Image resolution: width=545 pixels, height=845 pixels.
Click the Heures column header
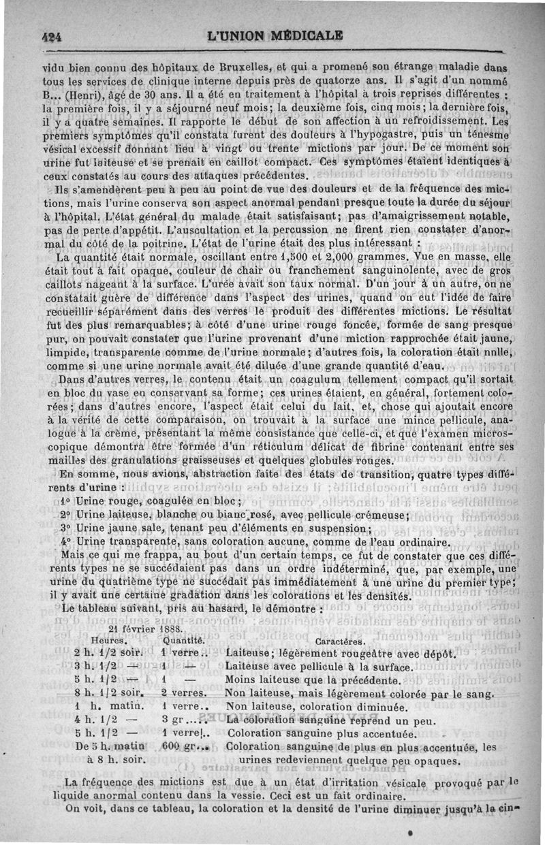[x=109, y=641]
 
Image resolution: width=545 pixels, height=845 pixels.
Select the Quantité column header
[x=184, y=641]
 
